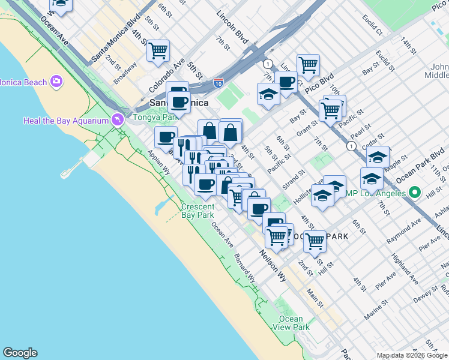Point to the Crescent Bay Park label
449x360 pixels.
tap(197, 211)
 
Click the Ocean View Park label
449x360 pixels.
tap(291, 323)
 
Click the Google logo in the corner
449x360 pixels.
tap(20, 353)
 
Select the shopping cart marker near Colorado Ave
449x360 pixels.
tap(158, 51)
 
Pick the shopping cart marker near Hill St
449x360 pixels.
tap(315, 241)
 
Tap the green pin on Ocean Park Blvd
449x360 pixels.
tap(414, 193)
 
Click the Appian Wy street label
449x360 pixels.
tap(158, 163)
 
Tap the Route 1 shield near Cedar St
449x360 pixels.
tap(351, 146)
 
